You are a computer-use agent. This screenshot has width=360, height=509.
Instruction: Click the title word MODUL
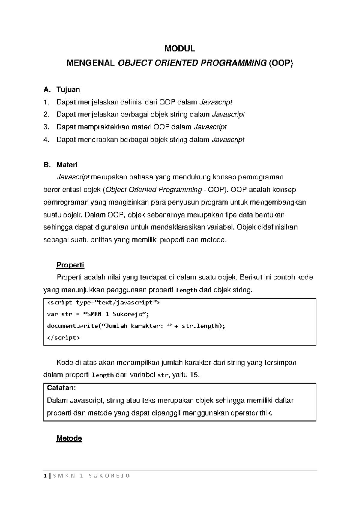click(x=180, y=49)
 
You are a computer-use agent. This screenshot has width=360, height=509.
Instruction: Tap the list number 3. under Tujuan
click(x=46, y=127)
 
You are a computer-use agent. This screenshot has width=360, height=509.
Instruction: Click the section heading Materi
click(x=67, y=165)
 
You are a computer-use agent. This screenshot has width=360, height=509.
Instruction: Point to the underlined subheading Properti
click(x=70, y=265)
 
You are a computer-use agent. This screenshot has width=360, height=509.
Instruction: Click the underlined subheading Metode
click(x=69, y=438)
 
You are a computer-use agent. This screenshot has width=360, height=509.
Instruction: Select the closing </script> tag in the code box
click(x=64, y=338)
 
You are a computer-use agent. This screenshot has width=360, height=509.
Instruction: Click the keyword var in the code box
click(x=51, y=314)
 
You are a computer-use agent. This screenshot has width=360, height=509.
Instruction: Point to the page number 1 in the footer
click(x=45, y=476)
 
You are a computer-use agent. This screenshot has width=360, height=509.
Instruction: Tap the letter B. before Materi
click(x=47, y=165)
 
